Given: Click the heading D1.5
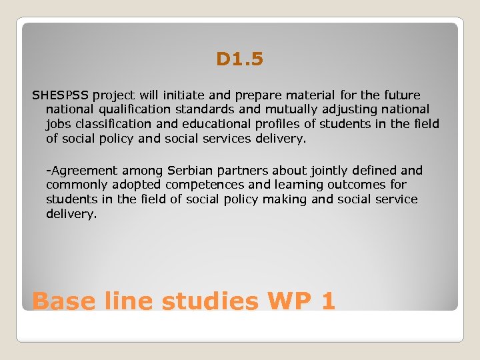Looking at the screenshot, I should point(240,60).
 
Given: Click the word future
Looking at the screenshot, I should point(399,95).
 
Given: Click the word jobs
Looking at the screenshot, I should point(58,124).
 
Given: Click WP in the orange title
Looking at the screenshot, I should point(289,301).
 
